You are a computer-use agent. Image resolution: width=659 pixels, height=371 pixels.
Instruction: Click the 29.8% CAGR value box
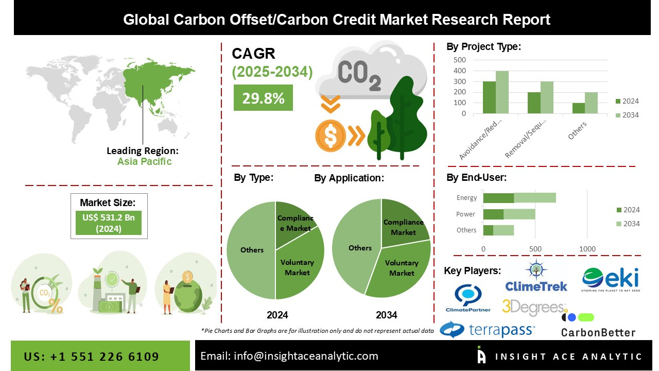[x=263, y=98]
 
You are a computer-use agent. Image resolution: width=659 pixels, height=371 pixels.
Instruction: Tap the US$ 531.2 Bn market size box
[x=109, y=223]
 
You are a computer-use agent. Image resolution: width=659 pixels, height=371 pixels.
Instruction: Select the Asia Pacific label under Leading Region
[x=144, y=161]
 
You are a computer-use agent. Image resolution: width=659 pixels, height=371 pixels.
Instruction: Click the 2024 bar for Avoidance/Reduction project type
[x=489, y=97]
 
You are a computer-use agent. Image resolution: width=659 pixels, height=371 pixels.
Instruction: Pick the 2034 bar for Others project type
[x=591, y=103]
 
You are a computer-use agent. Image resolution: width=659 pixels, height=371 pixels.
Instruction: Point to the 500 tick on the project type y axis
[x=460, y=60]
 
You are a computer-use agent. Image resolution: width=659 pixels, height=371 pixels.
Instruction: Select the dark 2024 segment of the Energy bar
[x=498, y=198]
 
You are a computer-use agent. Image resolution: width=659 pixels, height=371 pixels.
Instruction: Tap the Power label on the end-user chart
[x=465, y=214]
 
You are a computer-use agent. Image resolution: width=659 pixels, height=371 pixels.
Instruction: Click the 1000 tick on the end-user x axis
[x=587, y=249]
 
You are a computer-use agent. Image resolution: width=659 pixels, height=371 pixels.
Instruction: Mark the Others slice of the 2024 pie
[x=251, y=250]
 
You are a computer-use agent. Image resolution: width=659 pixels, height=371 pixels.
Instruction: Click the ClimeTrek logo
[x=535, y=278]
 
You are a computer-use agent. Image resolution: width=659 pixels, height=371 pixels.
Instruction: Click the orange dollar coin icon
[x=330, y=135]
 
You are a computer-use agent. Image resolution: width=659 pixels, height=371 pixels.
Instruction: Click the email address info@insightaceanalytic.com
[x=289, y=356]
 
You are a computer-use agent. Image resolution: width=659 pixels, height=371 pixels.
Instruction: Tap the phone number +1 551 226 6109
[x=91, y=357]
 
